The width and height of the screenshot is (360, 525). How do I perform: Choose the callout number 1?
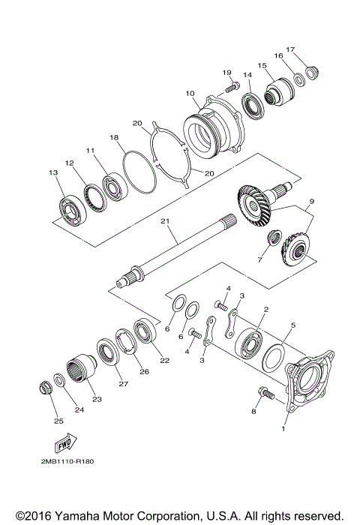click(283, 430)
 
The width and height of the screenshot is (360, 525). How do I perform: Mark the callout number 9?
click(312, 200)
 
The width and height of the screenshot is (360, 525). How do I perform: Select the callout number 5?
click(294, 326)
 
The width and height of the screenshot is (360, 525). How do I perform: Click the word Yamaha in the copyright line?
click(82, 516)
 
